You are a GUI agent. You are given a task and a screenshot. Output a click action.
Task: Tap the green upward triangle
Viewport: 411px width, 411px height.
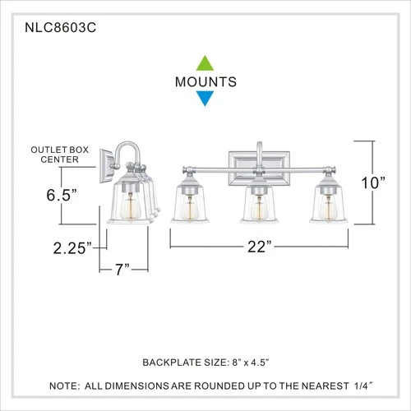(205, 62)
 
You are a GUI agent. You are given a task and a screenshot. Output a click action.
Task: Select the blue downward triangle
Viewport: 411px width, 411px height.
(205, 99)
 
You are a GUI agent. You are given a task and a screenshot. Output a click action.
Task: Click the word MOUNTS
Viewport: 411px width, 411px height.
(205, 81)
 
